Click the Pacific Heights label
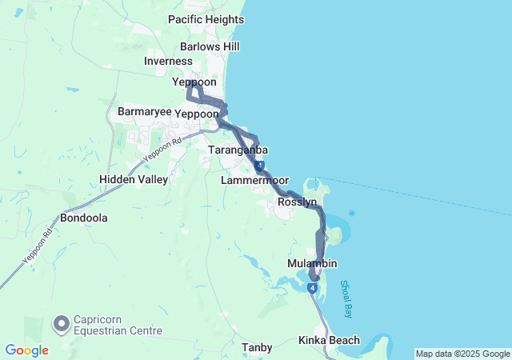pos(206,19)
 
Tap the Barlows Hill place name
pos(210,46)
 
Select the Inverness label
pos(168,62)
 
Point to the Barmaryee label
pos(144,111)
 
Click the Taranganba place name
pos(238,150)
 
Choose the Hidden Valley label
pos(134,179)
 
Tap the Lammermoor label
pos(254,181)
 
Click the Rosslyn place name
pos(298,203)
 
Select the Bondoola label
pos(84,218)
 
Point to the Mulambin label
pos(312,264)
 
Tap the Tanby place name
pos(257,347)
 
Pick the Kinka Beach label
pos(329,340)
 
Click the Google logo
pos(26,350)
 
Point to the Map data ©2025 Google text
pos(462,354)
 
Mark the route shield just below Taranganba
pos(260,165)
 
